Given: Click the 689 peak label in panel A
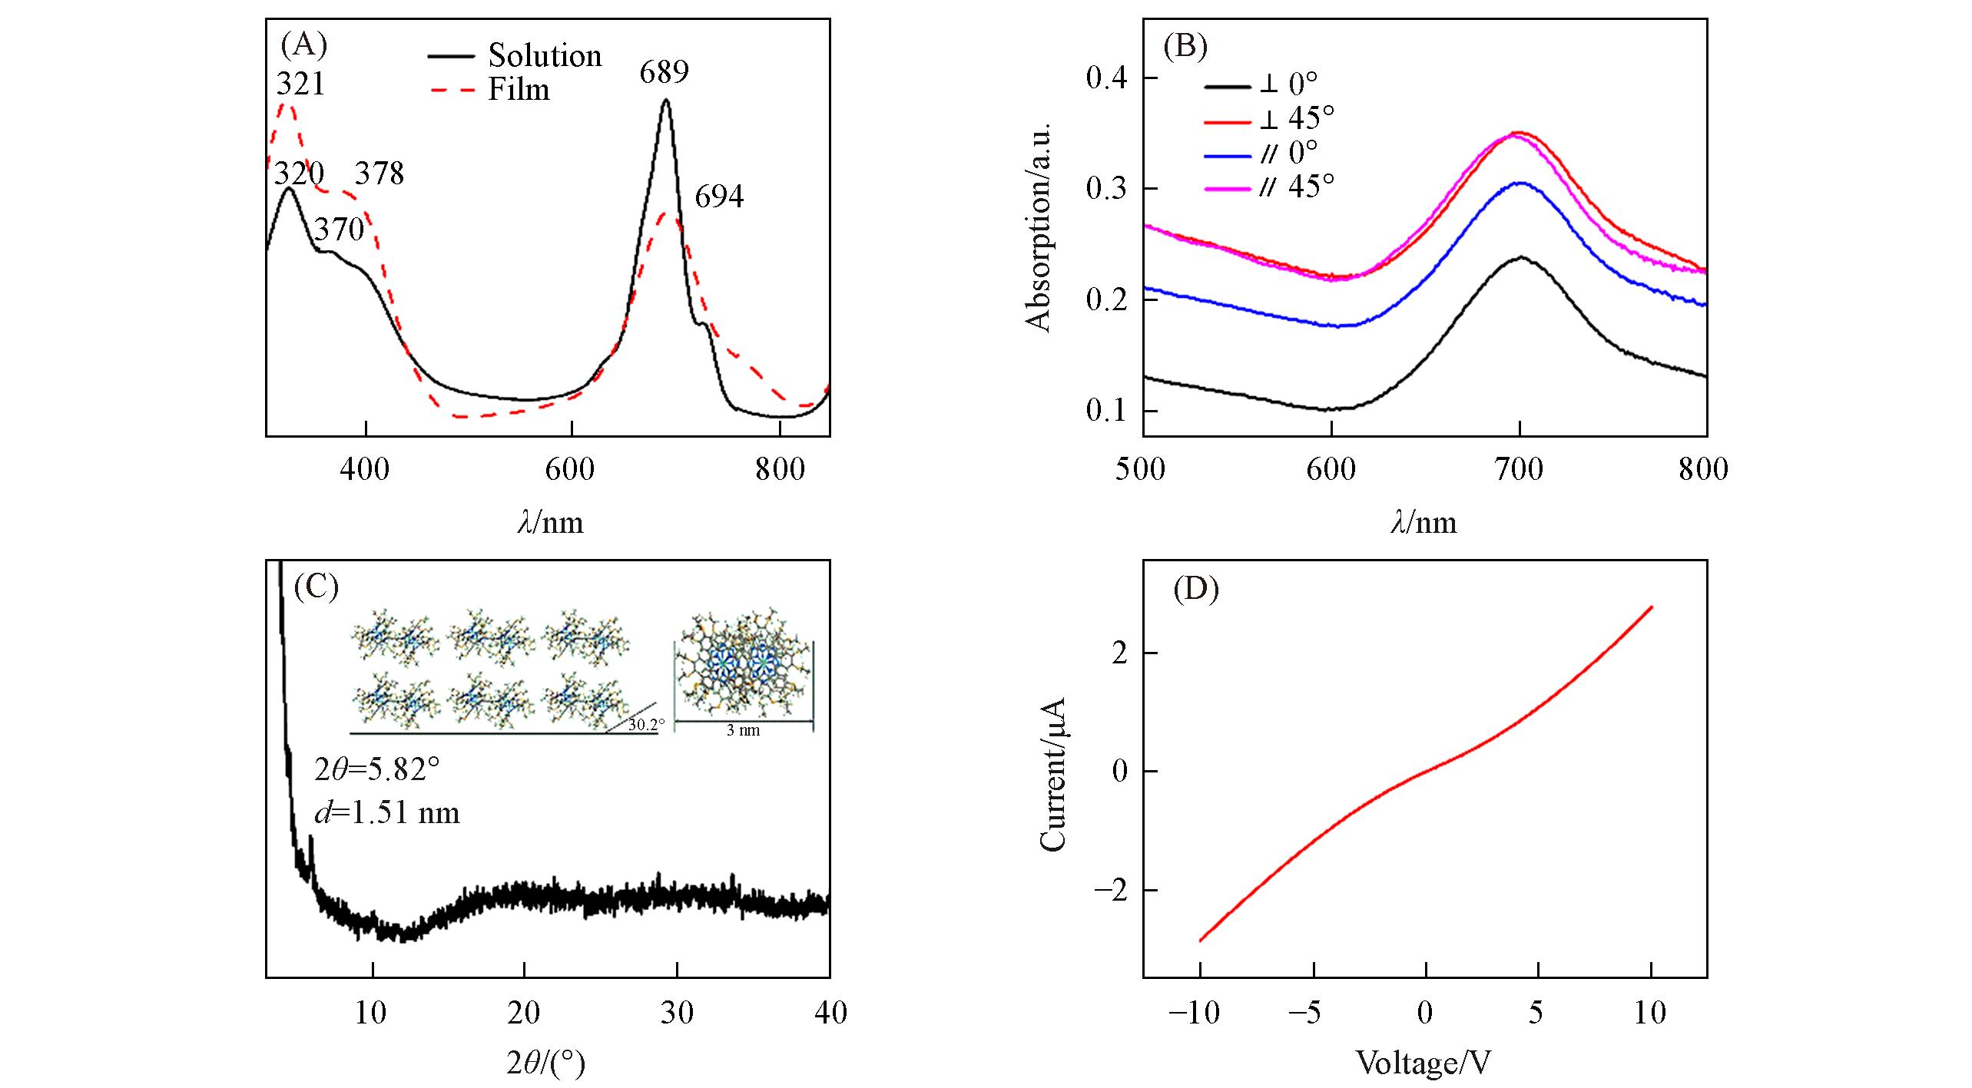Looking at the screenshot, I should click(664, 72).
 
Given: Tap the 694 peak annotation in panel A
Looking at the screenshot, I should click(719, 197).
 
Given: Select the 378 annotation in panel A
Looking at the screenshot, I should click(379, 174).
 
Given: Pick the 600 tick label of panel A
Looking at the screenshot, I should click(570, 469).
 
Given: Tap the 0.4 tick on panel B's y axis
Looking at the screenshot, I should click(1110, 78).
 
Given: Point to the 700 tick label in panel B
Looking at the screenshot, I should click(1519, 469).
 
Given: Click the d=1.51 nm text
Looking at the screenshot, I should click(386, 812).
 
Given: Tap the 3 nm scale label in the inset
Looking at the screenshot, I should click(743, 731).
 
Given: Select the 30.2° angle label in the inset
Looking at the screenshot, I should click(646, 724).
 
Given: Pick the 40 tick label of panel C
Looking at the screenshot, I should click(830, 1013).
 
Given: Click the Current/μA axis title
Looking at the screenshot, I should click(1052, 774).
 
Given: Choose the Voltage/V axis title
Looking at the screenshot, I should click(1423, 1063).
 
